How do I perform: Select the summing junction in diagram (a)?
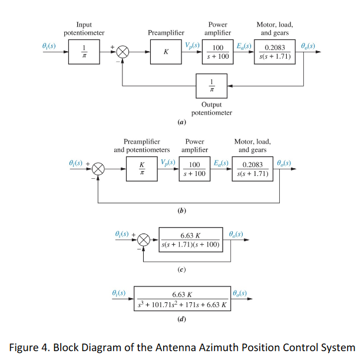click(x=123, y=52)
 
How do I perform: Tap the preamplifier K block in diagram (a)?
click(x=166, y=52)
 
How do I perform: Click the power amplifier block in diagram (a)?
click(x=218, y=52)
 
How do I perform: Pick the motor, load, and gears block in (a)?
click(x=272, y=52)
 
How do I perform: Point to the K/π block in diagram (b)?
click(x=141, y=169)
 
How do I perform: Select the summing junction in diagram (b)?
click(x=98, y=169)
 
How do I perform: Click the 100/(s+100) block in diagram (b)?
click(x=194, y=169)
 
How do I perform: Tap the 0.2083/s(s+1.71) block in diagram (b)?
click(x=252, y=169)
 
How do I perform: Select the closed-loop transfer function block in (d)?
click(x=182, y=299)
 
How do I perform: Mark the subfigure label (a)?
click(x=181, y=124)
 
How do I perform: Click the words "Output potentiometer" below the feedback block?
click(x=211, y=108)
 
